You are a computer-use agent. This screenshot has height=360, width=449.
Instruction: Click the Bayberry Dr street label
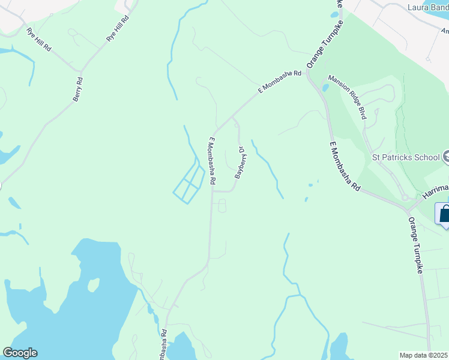pyautogui.click(x=241, y=163)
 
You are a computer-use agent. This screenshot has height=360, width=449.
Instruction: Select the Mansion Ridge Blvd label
pyautogui.click(x=347, y=97)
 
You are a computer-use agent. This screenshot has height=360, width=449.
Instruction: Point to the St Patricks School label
pyautogui.click(x=406, y=158)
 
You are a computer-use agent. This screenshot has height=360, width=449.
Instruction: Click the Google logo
pyautogui.click(x=20, y=353)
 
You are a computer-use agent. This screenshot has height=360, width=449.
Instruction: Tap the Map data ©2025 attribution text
pyautogui.click(x=424, y=355)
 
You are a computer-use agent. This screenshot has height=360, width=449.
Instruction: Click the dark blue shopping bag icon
pyautogui.click(x=445, y=214)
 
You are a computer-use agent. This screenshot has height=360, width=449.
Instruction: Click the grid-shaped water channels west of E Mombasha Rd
pyautogui.click(x=189, y=184)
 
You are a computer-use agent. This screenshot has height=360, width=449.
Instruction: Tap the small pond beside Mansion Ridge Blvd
pyautogui.click(x=325, y=88)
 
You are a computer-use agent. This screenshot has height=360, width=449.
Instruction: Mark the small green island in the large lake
pyautogui.click(x=94, y=284)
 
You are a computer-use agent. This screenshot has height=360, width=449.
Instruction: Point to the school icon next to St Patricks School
pyautogui.click(x=445, y=158)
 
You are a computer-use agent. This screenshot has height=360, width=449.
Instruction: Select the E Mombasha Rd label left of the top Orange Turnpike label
pyautogui.click(x=280, y=82)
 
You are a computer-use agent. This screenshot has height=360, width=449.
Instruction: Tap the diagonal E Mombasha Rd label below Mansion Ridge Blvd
pyautogui.click(x=345, y=166)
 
